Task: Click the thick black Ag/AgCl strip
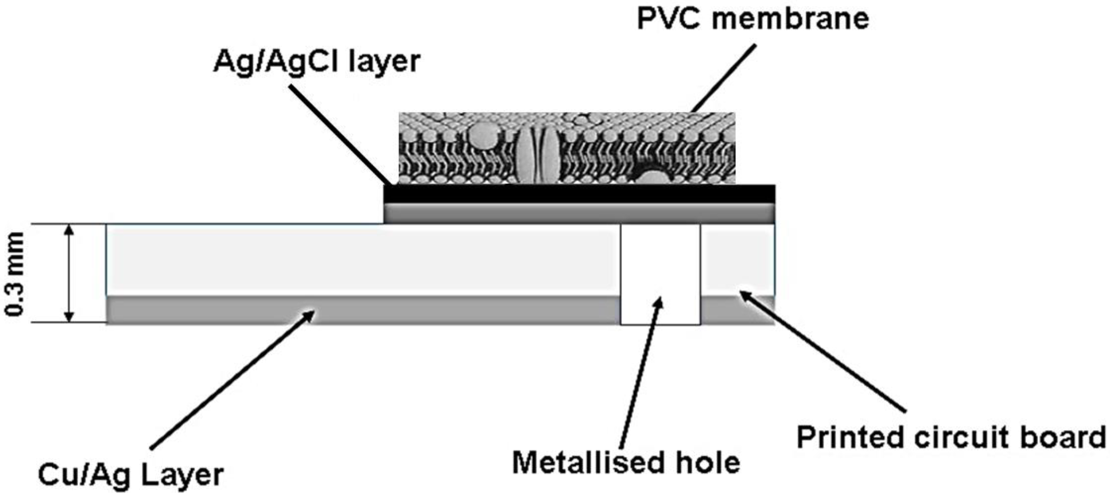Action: pos(579,194)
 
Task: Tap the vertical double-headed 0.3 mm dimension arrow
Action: pos(69,273)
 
